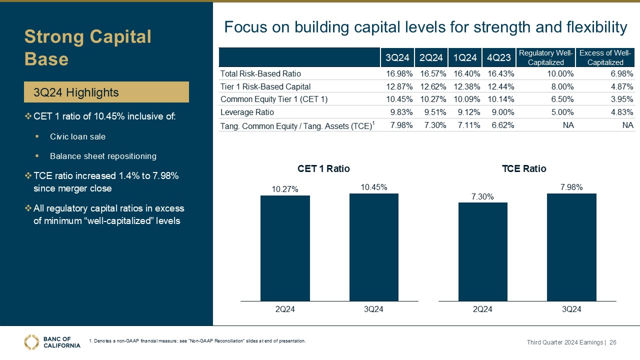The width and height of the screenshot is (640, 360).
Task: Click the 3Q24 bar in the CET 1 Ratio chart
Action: coord(373,247)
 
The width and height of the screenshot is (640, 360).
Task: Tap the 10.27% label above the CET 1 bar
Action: coord(285,189)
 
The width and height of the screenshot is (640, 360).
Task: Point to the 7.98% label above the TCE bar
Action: coord(571,187)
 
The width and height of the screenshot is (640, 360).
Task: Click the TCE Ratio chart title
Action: coord(524,169)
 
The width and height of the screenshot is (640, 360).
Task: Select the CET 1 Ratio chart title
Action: coord(323,169)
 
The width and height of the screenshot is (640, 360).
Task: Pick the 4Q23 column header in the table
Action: coord(498,58)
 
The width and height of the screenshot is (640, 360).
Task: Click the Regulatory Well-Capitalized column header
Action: coord(545,58)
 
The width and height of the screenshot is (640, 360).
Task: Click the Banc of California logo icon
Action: coord(31,341)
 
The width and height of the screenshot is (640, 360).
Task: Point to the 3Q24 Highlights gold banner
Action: coord(107,92)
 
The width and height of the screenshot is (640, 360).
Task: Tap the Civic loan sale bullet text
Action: coord(77,136)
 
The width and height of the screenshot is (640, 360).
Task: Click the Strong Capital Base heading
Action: coord(88,47)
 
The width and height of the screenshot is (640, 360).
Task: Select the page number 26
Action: coord(612,342)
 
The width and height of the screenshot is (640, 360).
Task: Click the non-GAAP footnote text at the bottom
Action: coord(197,341)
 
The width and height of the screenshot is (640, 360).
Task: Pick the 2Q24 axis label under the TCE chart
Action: coord(482,309)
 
